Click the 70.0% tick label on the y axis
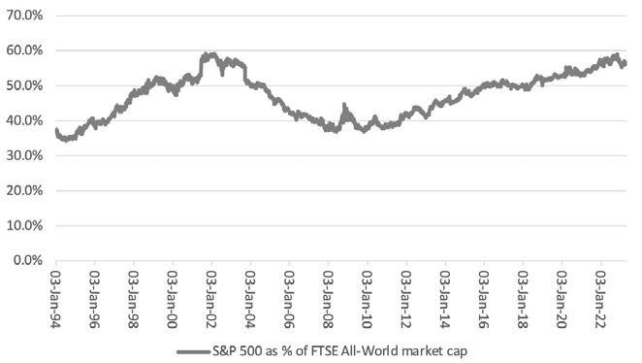point(24,16)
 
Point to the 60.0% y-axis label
point(24,50)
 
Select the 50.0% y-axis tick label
point(24,85)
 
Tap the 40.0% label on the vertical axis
point(24,121)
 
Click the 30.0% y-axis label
point(24,155)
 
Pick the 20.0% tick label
point(24,191)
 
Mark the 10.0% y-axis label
point(24,226)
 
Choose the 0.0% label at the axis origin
point(28,260)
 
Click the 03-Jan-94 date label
point(56,299)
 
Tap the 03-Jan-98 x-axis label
point(134,299)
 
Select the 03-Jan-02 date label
point(211,299)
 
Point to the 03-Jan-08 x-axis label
point(329,299)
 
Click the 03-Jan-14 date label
point(445,299)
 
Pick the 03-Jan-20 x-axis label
point(562,299)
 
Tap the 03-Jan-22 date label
point(600,299)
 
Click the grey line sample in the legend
point(194,351)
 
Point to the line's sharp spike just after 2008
point(344,105)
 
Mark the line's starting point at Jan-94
point(56,130)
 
